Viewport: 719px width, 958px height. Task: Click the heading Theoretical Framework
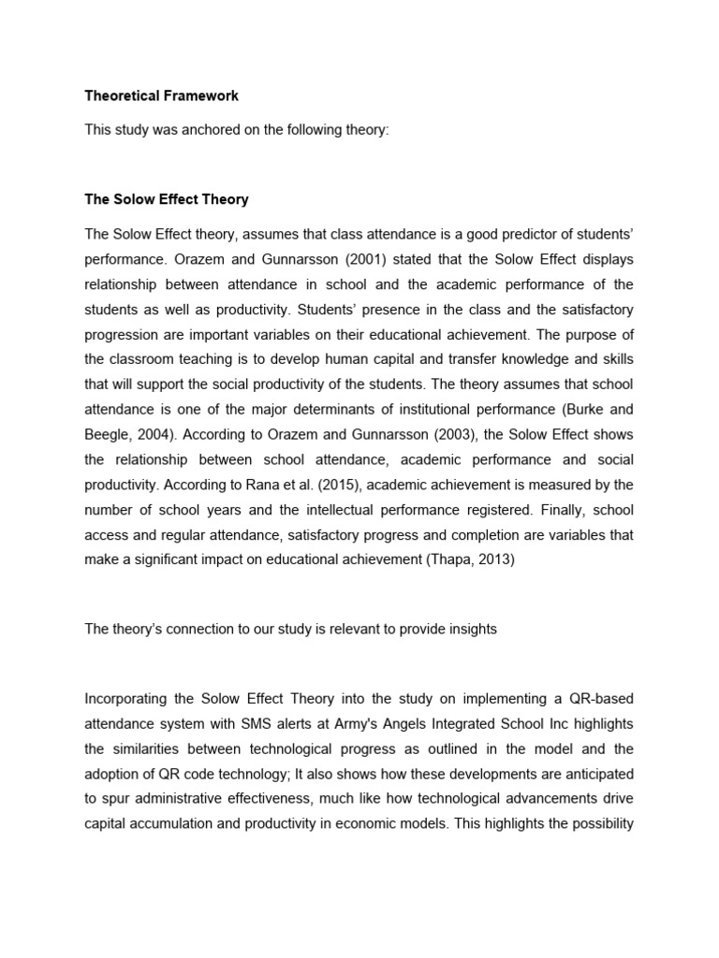click(x=161, y=95)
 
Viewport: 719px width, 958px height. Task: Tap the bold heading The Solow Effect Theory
click(x=167, y=199)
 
